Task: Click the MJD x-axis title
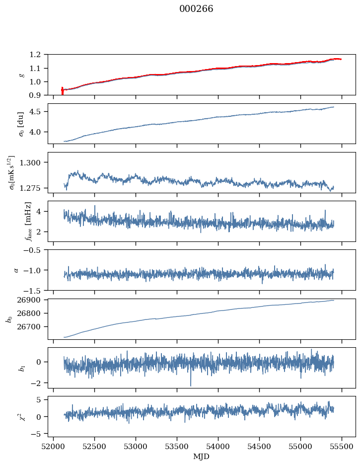[202, 457]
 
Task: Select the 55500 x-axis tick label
[342, 447]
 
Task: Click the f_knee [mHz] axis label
[28, 222]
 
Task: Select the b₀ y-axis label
[8, 319]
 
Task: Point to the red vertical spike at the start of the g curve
[62, 91]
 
